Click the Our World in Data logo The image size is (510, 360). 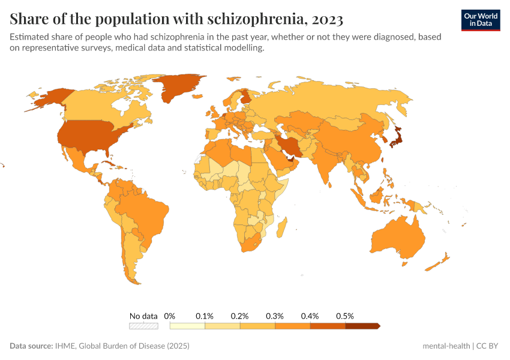pos(480,20)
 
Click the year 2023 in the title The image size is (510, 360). pos(328,19)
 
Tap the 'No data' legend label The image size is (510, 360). pos(143,316)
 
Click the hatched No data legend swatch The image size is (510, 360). pos(143,326)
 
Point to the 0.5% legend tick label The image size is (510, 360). pos(345,316)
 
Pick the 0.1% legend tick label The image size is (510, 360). pos(205,316)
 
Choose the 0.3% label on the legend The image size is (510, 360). pos(275,316)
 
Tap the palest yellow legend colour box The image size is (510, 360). pos(187,326)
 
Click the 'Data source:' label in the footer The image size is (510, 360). pos(31,346)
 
